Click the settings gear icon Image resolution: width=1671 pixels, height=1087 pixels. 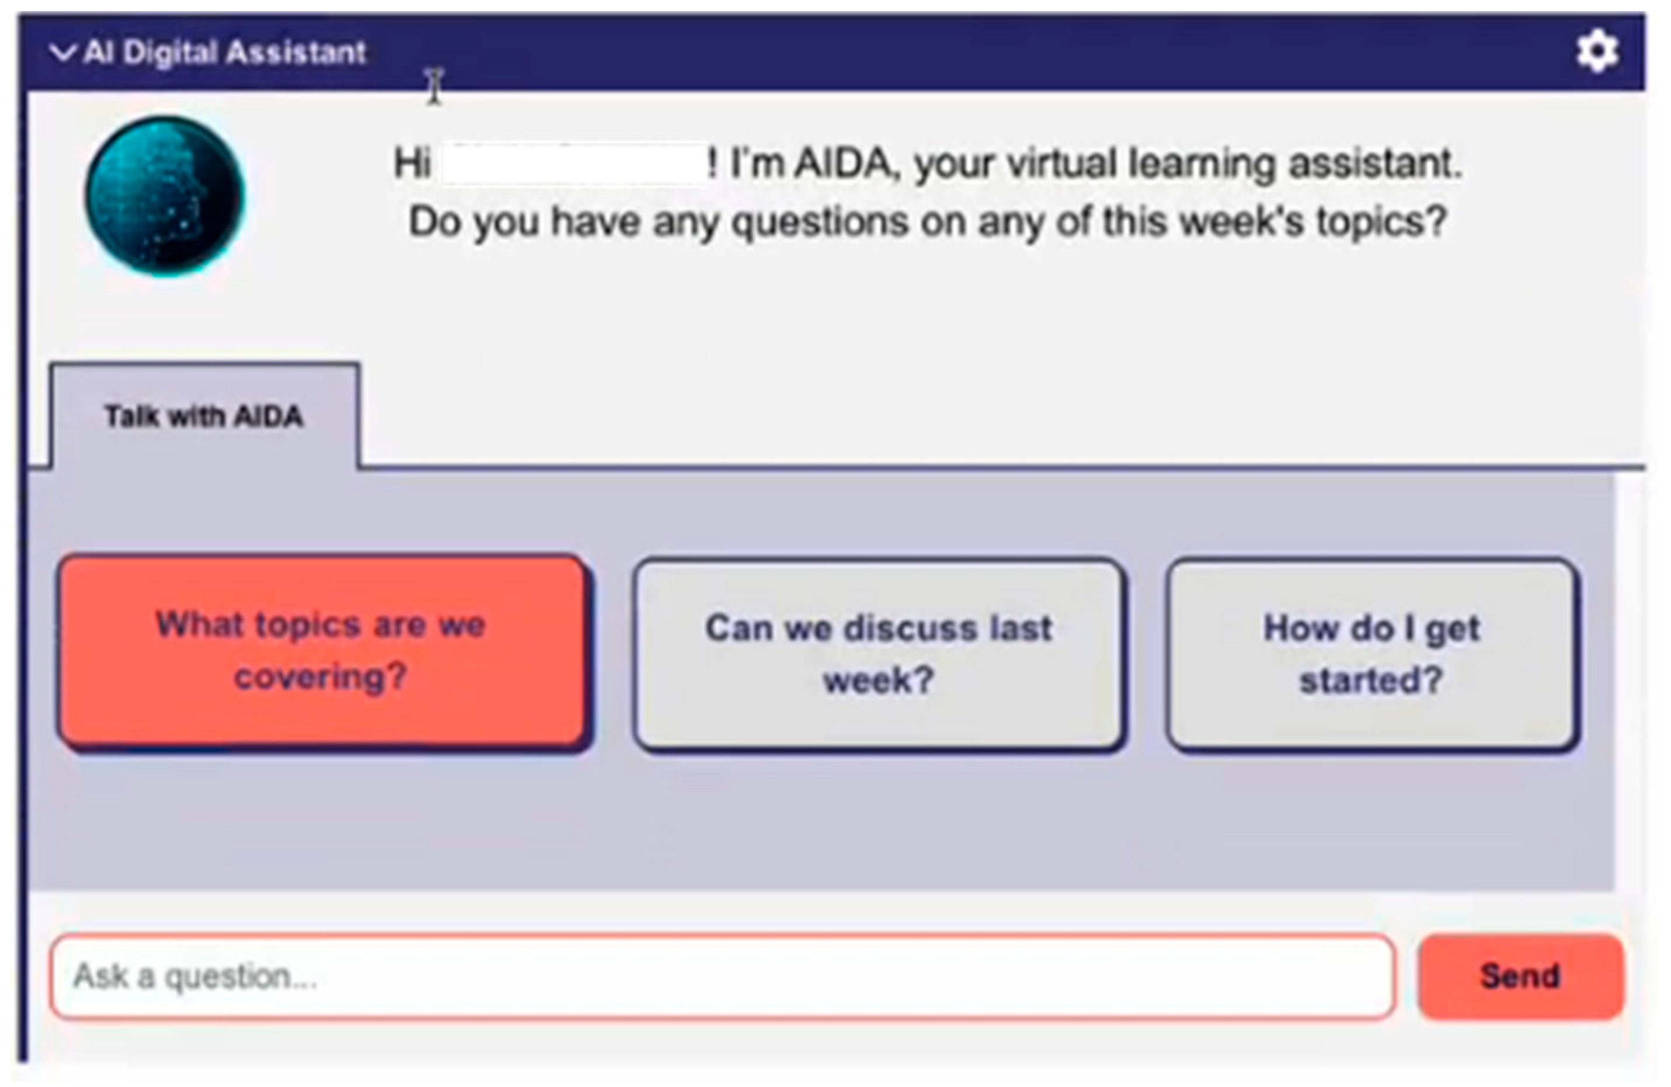click(1597, 51)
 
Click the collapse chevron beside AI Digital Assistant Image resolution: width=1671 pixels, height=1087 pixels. click(63, 53)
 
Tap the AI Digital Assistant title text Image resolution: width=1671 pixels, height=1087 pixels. click(225, 53)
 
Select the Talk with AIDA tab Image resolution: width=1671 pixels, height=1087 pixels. click(204, 416)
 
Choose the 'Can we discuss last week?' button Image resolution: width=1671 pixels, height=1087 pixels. click(879, 654)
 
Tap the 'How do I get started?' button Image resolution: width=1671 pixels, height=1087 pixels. click(1372, 654)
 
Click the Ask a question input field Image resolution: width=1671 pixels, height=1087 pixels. click(722, 976)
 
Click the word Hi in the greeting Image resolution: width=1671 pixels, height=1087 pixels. click(412, 163)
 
